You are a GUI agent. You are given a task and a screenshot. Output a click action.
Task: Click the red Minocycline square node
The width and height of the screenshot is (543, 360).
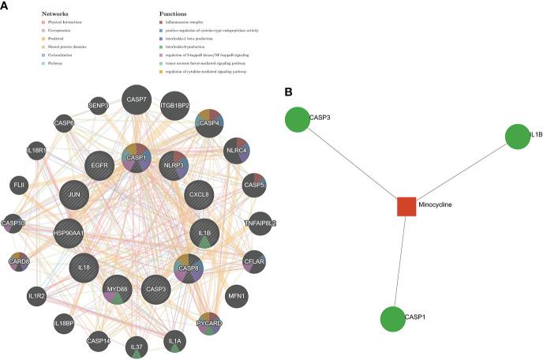coord(406,206)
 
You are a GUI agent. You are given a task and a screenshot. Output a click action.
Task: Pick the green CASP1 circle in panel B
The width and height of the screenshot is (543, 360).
coord(395,321)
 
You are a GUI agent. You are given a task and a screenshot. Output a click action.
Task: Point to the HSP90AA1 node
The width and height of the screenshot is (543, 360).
coord(69,234)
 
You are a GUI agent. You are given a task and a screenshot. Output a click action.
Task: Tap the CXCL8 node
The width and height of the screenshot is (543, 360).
coord(198,193)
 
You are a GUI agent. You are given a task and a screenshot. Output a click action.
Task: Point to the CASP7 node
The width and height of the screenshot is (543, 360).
coord(135,99)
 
